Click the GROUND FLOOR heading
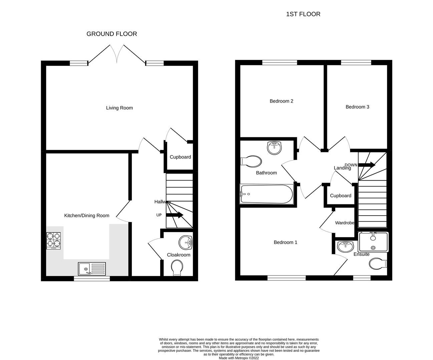click(112, 34)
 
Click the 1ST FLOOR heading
click(303, 14)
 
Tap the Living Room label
click(119, 108)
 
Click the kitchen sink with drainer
click(92, 269)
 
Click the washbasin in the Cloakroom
click(185, 243)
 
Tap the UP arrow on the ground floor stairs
click(174, 215)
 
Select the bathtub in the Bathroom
click(267, 194)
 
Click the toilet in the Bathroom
click(251, 161)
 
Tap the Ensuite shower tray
click(373, 242)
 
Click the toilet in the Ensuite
click(378, 264)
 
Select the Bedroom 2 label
click(281, 101)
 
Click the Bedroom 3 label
click(357, 107)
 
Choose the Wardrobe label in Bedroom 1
click(344, 223)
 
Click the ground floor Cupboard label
click(180, 157)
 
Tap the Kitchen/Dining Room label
click(87, 216)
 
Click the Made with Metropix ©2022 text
click(239, 358)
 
